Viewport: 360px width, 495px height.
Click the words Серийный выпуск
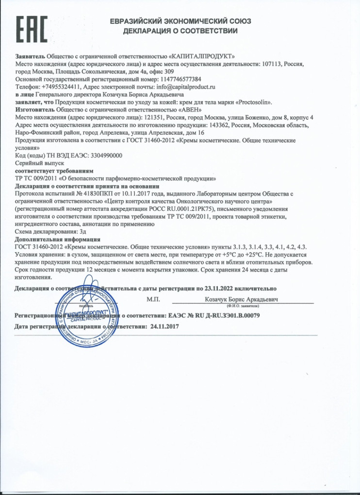pos(33,163)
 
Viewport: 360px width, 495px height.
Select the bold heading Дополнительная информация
pos(58,239)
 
